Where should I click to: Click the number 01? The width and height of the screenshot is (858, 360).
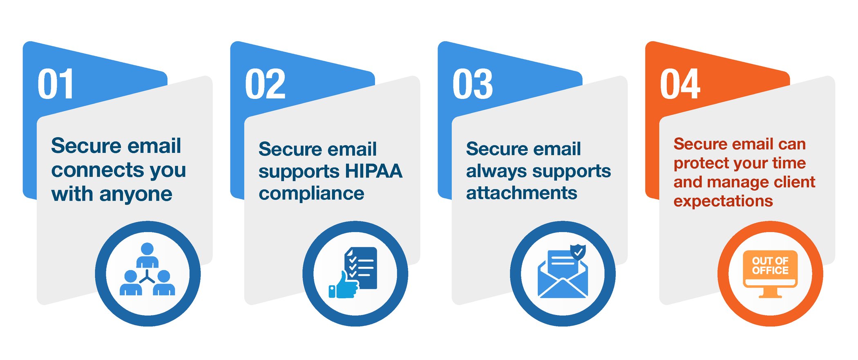[56, 84]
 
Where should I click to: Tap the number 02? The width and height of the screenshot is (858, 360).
[265, 84]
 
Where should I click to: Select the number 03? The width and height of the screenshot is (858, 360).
[473, 84]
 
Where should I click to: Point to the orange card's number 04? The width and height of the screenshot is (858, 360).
[680, 84]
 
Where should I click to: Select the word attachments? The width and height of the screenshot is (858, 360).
[522, 193]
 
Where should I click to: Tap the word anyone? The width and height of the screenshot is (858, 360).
[136, 195]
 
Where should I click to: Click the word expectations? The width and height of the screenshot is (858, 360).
[723, 201]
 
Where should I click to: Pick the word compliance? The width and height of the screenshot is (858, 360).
[311, 194]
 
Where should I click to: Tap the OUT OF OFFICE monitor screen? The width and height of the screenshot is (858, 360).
[770, 266]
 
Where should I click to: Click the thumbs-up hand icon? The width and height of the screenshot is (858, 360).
[343, 285]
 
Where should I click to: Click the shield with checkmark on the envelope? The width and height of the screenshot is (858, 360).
[578, 251]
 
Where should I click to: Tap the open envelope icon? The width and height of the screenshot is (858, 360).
[563, 278]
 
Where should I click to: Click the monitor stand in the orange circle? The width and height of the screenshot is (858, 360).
[770, 293]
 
